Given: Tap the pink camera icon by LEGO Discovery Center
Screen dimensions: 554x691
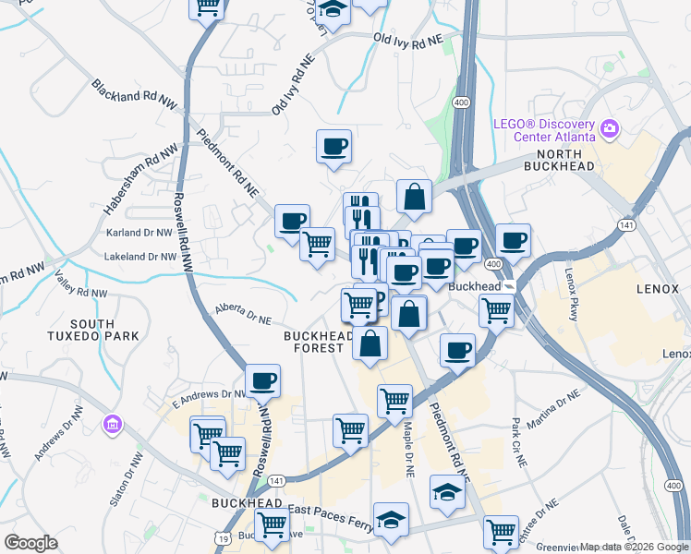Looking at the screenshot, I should point(609,126).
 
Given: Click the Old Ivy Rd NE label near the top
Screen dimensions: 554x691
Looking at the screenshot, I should point(408,41).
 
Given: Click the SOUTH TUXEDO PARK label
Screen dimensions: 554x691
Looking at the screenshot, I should point(91,331).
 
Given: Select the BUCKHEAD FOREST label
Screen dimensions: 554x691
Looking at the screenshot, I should point(318,342).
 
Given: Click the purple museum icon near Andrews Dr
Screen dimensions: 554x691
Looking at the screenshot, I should point(114,424).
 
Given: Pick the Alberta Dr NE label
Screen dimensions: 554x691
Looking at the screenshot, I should point(244,315).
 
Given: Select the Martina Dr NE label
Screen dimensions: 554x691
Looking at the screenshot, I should point(552,409).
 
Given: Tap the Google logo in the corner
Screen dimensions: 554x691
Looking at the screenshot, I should point(30,542).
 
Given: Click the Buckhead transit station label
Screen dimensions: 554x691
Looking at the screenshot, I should point(474,286).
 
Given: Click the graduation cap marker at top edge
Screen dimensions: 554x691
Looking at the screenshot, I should point(330,10).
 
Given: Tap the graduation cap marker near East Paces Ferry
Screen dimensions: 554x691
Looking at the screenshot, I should point(390,519).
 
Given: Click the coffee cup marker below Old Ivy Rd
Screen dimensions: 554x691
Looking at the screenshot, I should point(333,146).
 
